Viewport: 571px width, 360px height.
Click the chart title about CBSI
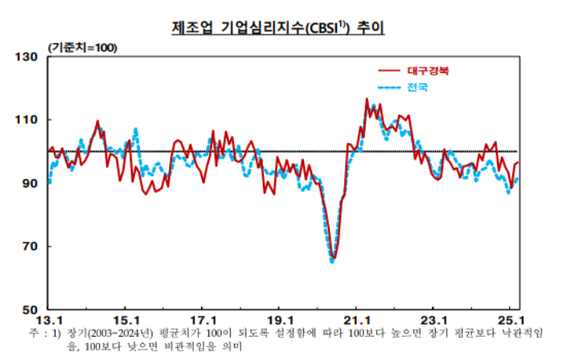[278, 27]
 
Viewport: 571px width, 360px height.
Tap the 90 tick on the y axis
[30, 183]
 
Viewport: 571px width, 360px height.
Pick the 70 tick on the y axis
[30, 247]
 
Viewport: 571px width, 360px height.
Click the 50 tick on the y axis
[30, 309]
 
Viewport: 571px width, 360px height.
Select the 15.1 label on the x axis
[127, 317]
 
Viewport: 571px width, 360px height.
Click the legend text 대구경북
[429, 71]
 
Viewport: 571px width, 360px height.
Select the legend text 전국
[417, 86]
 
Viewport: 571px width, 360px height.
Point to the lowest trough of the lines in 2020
[333, 259]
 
